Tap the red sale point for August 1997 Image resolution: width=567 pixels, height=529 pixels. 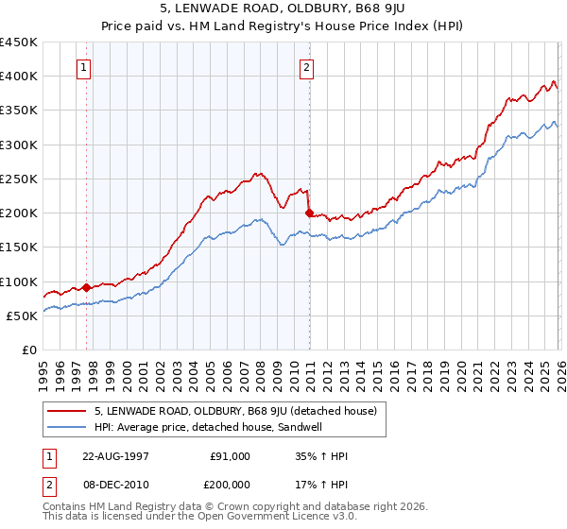(87, 287)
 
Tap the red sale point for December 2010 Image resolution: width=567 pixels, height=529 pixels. (309, 213)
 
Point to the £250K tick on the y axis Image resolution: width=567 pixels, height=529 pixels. (19, 179)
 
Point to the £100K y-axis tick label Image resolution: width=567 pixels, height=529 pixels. (19, 282)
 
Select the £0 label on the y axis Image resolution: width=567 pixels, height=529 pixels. (28, 350)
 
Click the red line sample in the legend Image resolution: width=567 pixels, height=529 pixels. (67, 411)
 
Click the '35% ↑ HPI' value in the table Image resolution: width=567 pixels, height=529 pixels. (322, 456)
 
